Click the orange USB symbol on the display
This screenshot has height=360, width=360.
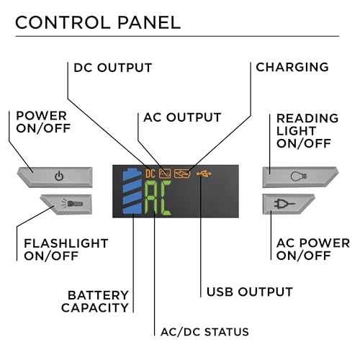tap(204, 174)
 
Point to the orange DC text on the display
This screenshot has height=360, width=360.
tap(150, 174)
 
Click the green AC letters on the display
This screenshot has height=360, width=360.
tap(158, 198)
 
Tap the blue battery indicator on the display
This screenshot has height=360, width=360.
tap(132, 191)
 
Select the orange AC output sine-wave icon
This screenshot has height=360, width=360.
tap(165, 174)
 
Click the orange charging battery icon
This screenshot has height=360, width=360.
tap(182, 174)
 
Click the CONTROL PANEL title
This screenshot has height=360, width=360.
tap(98, 23)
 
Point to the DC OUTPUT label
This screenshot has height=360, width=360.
tap(113, 68)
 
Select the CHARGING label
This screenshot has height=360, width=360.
tap(292, 67)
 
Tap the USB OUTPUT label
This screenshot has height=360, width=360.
tap(250, 292)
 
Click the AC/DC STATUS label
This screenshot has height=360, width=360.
tap(204, 332)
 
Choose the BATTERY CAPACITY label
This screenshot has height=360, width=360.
tap(95, 302)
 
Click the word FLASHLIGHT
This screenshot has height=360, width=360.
tap(66, 243)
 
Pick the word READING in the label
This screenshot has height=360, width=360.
tap(307, 118)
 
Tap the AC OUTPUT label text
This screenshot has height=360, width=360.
tap(182, 117)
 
